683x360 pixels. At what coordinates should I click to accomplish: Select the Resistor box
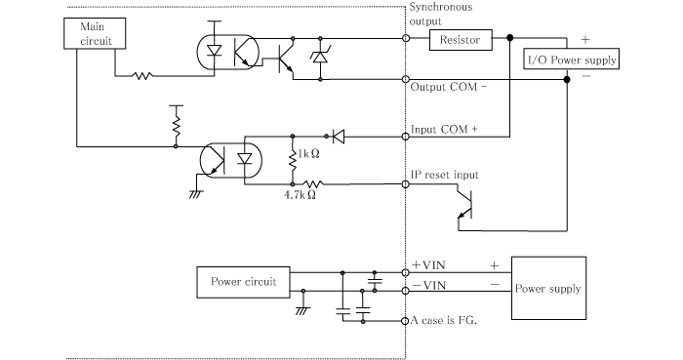click(461, 39)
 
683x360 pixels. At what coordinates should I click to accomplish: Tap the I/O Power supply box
click(572, 59)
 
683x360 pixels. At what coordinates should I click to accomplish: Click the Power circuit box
click(243, 282)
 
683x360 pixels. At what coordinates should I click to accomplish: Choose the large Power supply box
click(547, 288)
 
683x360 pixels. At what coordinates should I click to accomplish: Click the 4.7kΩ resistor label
click(297, 195)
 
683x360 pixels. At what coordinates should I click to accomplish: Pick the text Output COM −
click(448, 85)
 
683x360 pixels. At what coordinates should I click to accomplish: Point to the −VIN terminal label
click(430, 284)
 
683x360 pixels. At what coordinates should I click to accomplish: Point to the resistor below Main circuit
click(144, 75)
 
